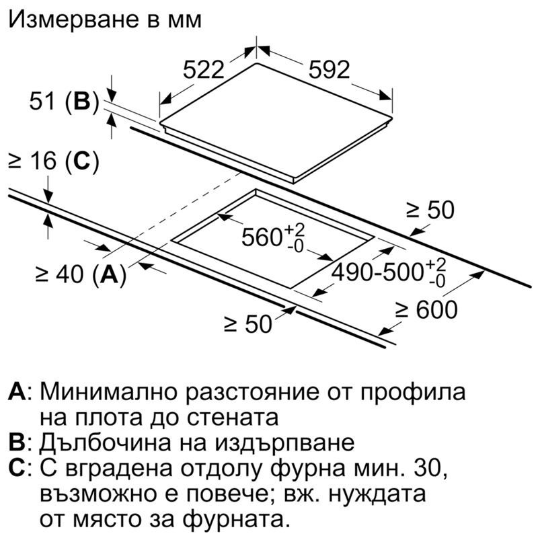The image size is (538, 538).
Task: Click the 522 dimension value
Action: coord(204,70)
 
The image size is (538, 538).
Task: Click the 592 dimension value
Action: coord(330,70)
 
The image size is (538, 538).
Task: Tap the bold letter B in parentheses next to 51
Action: coord(82,102)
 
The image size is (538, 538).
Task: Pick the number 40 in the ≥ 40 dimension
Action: coord(71,274)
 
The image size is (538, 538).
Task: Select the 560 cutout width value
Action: coord(262,237)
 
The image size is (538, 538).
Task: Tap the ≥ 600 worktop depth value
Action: coord(426,309)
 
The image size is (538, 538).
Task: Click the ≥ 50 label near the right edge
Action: coord(430,210)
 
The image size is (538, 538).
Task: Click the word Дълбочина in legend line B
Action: coord(105,443)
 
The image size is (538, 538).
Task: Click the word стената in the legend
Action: coord(233,418)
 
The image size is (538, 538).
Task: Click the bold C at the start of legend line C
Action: coord(16,467)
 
